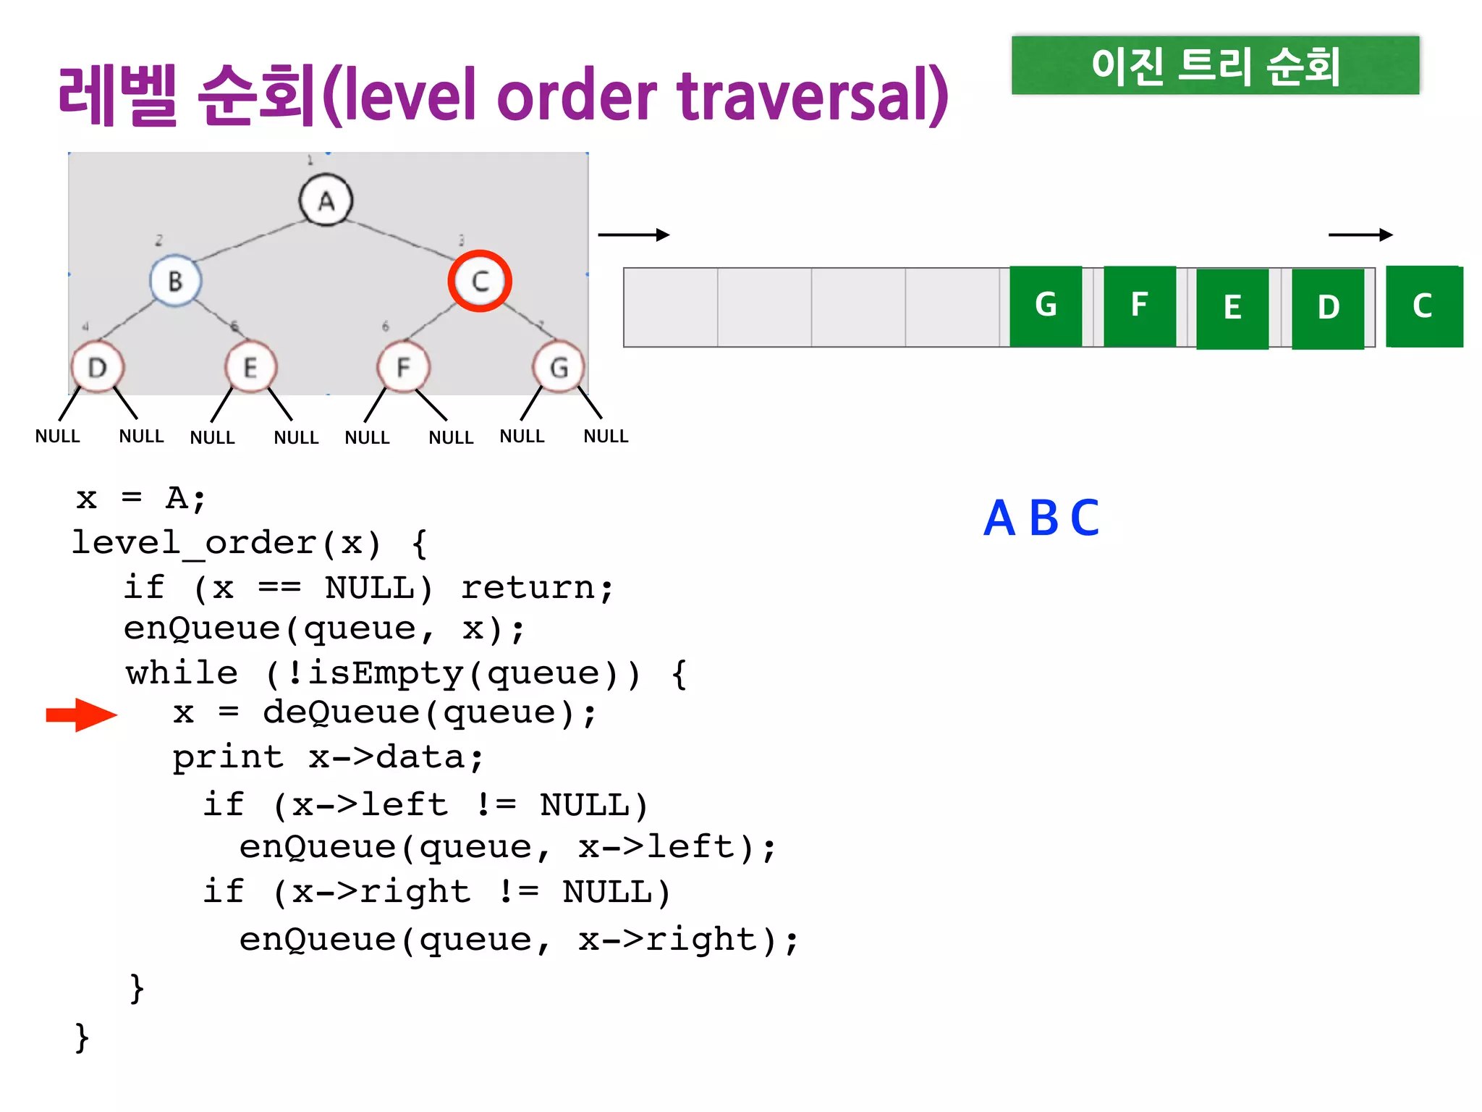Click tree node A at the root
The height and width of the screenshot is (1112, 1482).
pos(326,200)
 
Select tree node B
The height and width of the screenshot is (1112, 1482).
pos(175,280)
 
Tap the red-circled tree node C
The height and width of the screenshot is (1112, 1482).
pos(480,281)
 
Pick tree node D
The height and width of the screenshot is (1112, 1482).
pos(98,367)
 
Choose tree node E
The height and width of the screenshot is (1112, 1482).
pos(250,367)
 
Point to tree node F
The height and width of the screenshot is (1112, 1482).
pos(403,367)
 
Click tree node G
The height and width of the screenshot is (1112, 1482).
pos(558,367)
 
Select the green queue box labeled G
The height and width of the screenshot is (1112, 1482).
pos(1046,306)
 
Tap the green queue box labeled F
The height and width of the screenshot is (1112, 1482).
pos(1140,306)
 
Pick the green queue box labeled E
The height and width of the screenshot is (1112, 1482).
pos(1232,308)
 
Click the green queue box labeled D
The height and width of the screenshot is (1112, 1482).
pos(1328,308)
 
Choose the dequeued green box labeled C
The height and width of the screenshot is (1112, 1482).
pos(1423,306)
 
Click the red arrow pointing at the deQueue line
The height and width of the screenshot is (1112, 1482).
pos(81,715)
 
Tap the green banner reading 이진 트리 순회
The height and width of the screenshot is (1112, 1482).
pos(1215,65)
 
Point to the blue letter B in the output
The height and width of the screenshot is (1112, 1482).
pos(1044,518)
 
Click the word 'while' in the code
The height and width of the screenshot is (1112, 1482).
pos(182,673)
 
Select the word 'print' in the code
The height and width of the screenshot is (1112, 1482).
pos(228,758)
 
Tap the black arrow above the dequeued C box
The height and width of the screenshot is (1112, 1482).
pos(1360,235)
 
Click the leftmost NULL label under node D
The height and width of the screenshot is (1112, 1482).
pos(57,436)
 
